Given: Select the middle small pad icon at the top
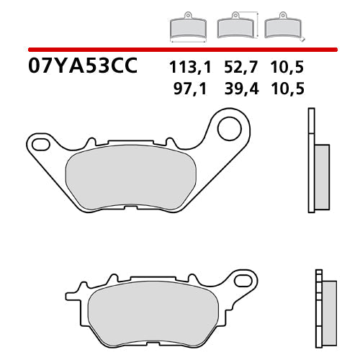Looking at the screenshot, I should pos(234,27).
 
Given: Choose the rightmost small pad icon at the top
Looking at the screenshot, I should pos(282,27).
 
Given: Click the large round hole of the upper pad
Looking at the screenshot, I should pos(229,130).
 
